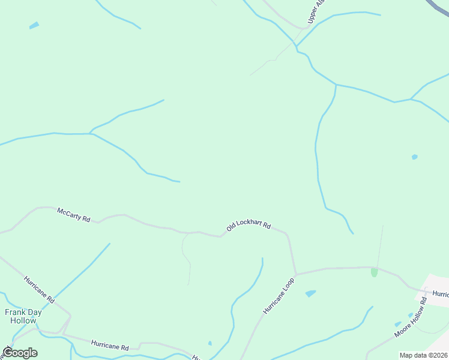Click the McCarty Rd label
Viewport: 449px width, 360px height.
(x=73, y=215)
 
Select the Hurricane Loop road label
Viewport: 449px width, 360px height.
(x=279, y=296)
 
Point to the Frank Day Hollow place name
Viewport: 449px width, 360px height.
(x=23, y=316)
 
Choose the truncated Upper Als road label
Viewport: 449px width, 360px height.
(x=316, y=12)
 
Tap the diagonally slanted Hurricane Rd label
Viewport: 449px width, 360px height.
(x=40, y=289)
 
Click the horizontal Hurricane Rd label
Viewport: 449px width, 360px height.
(x=110, y=346)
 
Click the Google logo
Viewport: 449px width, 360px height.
(x=20, y=352)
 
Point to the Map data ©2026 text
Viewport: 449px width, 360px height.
(x=423, y=355)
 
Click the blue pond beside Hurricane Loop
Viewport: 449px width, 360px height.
(x=310, y=293)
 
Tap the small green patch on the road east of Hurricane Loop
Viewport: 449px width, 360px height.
(x=375, y=272)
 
